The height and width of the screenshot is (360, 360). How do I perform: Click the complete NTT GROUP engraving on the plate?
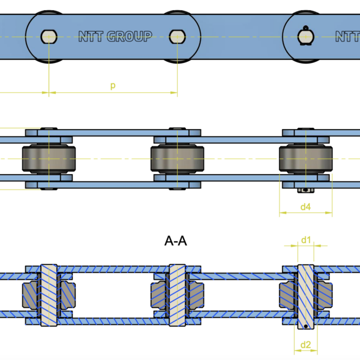tap(115, 37)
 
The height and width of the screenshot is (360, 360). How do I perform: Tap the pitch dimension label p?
tap(113, 86)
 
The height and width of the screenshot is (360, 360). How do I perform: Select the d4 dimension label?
tap(305, 207)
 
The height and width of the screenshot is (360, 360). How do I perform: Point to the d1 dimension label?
tap(306, 240)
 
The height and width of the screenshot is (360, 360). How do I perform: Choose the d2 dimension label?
tap(305, 344)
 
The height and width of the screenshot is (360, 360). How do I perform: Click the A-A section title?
tap(176, 241)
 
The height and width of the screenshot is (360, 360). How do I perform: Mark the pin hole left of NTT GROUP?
tap(48, 37)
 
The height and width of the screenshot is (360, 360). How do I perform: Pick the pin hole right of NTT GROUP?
tap(177, 37)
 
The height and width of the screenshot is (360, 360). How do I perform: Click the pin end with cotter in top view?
tap(306, 36)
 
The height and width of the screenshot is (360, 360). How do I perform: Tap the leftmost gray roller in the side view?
tap(49, 159)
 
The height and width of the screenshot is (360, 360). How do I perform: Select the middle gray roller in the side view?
tap(177, 159)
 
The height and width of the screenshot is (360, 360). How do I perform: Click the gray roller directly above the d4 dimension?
tap(306, 159)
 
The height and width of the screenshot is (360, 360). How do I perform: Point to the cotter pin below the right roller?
tap(306, 191)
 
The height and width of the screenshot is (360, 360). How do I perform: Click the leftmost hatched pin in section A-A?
tap(49, 295)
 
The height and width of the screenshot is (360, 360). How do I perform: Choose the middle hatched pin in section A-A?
tap(177, 295)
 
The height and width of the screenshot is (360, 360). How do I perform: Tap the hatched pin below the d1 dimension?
tap(306, 294)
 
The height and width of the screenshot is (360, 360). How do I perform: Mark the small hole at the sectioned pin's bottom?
tap(307, 326)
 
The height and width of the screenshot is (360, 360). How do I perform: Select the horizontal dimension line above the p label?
tap(113, 93)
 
